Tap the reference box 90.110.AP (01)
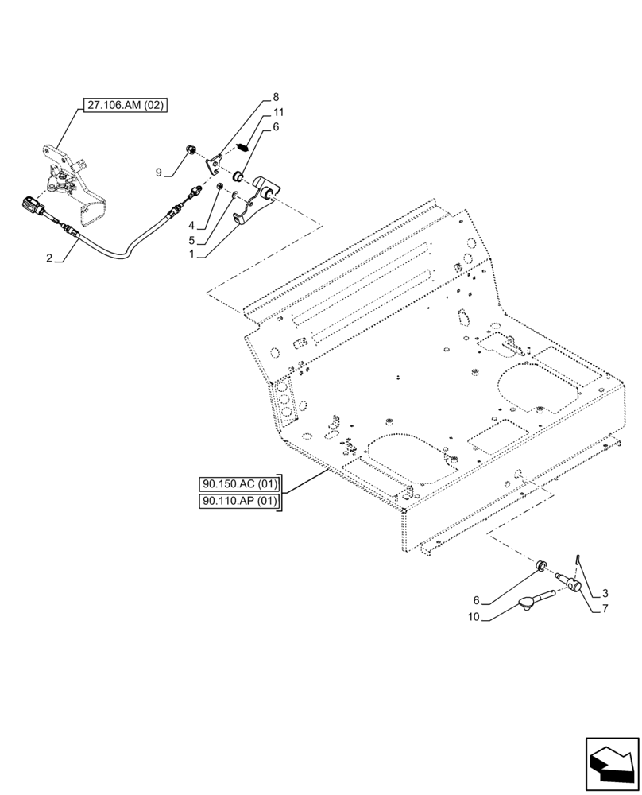[x=238, y=502]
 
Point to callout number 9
[x=158, y=172]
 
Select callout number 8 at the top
[x=275, y=98]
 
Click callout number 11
[x=278, y=112]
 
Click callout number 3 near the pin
[x=605, y=592]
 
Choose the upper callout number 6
[x=276, y=126]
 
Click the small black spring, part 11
[x=245, y=146]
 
